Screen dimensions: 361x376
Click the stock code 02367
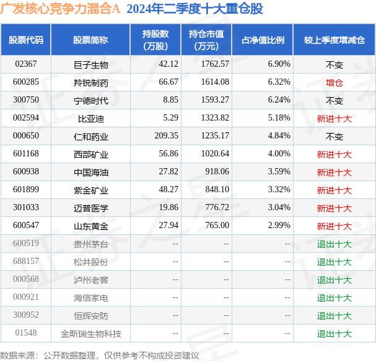click(x=26, y=64)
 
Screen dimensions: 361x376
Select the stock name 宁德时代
click(x=90, y=100)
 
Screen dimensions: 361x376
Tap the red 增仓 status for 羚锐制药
click(x=334, y=82)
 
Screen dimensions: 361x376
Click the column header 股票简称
click(x=90, y=40)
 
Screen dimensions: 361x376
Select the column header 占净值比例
click(x=262, y=40)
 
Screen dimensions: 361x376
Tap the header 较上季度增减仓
click(x=334, y=40)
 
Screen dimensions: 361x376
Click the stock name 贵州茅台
click(x=90, y=244)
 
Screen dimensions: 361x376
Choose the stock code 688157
click(x=26, y=262)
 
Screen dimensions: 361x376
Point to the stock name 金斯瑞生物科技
click(x=90, y=334)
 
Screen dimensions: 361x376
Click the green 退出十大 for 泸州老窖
click(x=334, y=280)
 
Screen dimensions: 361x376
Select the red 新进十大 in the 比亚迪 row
click(x=334, y=118)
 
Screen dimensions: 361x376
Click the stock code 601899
click(x=26, y=190)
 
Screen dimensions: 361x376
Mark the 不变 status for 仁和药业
click(x=334, y=136)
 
